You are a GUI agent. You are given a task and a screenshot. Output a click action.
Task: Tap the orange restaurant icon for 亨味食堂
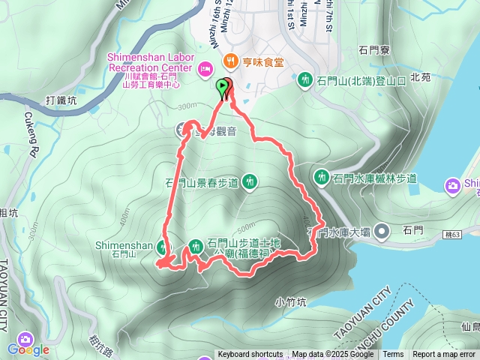[x=225, y=62]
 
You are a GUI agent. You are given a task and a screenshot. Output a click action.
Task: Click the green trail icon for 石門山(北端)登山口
[x=305, y=79]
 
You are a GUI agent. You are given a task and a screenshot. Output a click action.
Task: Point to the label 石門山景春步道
[x=202, y=181]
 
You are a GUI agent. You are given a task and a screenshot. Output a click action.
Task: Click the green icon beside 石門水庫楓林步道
[x=322, y=178]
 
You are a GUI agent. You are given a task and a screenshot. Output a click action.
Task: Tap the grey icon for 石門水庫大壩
[x=382, y=232]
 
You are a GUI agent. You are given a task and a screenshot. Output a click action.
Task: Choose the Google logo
[x=28, y=349]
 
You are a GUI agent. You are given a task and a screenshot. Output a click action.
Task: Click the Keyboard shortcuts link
[x=250, y=355]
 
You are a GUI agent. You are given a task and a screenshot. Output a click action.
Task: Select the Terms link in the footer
[x=393, y=355]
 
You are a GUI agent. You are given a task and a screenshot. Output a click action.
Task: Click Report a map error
[x=444, y=355]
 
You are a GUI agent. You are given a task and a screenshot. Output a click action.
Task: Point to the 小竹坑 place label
[x=291, y=302]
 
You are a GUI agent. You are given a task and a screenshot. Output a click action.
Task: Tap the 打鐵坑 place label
[x=61, y=100]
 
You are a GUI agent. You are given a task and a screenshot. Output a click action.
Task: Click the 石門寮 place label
[x=374, y=51]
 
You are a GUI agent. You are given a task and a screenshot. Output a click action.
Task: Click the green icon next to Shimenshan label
[x=164, y=245]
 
